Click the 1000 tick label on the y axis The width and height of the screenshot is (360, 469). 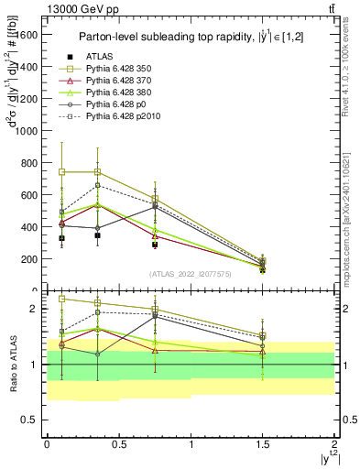pyautogui.click(x=29, y=131)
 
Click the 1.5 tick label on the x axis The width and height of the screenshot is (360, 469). pyautogui.click(x=263, y=442)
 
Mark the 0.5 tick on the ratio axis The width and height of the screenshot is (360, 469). pyautogui.click(x=32, y=420)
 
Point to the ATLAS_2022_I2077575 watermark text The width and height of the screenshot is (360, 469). pyautogui.click(x=190, y=273)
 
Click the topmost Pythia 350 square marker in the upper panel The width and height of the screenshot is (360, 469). pyautogui.click(x=61, y=171)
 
